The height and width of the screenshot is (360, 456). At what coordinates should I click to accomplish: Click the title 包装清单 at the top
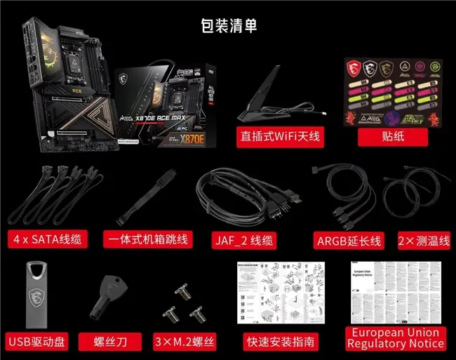point(227,26)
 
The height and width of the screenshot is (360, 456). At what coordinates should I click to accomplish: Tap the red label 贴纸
point(393,135)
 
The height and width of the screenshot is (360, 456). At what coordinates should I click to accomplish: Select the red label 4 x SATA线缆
point(46,239)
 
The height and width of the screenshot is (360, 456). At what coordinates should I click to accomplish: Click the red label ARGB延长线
point(348,240)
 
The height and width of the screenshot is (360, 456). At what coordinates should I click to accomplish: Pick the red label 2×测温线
point(424,240)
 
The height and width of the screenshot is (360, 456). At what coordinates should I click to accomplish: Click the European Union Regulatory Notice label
point(395,338)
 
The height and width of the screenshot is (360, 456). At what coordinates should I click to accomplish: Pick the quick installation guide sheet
point(281,293)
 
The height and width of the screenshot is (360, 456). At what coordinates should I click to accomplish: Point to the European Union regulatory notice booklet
point(396,292)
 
